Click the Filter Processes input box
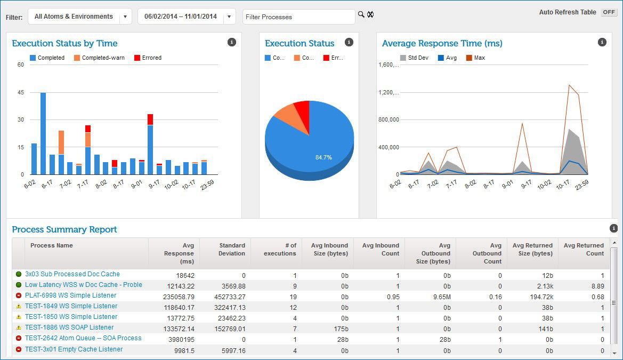[x=298, y=17]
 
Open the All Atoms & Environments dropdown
[x=80, y=17]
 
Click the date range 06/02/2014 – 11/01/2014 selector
[x=187, y=17]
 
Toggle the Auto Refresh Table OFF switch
[x=609, y=12]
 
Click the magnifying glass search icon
[x=361, y=14]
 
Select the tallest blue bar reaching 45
[x=43, y=133]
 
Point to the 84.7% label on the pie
[x=323, y=157]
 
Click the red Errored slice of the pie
[x=302, y=109]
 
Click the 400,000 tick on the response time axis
[x=388, y=147]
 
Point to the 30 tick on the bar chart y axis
[x=21, y=119]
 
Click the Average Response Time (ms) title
[x=442, y=44]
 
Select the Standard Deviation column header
[x=232, y=249]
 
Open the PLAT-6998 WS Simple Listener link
[x=70, y=295]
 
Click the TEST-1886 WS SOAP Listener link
[x=69, y=327]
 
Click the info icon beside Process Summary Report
[x=613, y=228]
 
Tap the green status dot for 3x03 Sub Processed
[x=19, y=274]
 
